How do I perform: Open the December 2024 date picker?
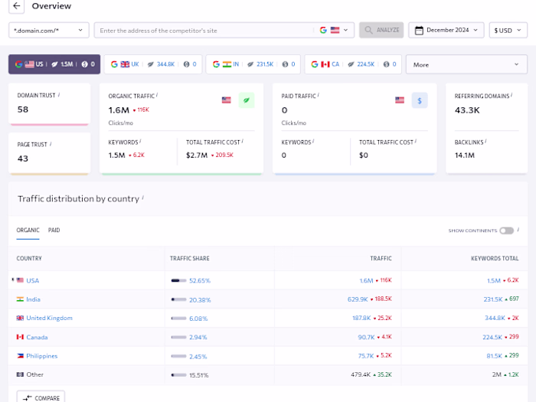[x=446, y=30]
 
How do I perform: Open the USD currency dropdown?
[x=508, y=30]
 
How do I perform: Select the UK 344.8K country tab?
[x=152, y=64]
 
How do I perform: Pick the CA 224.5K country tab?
[x=352, y=64]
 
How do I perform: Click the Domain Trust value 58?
[x=23, y=109]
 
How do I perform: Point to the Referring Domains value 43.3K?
[x=467, y=110]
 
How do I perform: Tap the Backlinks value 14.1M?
[x=465, y=155]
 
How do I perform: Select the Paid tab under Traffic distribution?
[x=54, y=230]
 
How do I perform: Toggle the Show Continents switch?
[x=506, y=230]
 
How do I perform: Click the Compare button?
[x=41, y=397]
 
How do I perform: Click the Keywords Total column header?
[x=494, y=259]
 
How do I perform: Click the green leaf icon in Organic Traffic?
[x=246, y=100]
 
